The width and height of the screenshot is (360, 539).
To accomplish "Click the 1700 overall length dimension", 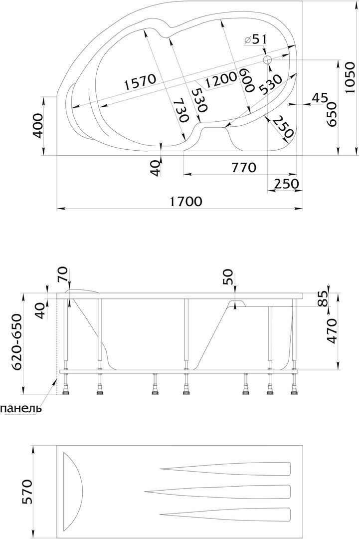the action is point(185,201).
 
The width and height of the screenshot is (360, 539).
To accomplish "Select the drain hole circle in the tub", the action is point(267,60).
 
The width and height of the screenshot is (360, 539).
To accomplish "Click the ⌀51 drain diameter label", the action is point(255,39).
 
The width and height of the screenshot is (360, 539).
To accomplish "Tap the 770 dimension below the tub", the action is point(244,167).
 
